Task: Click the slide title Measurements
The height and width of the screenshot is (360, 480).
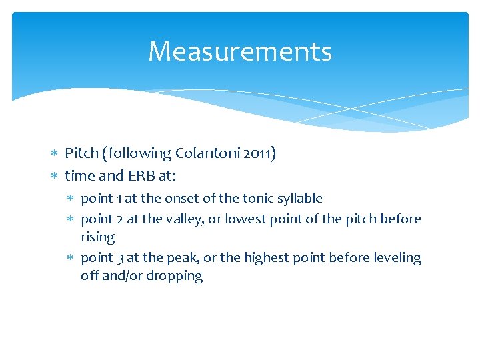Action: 240,51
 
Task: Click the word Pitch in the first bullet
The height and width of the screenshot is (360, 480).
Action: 79,154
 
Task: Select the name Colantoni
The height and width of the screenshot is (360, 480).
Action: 203,154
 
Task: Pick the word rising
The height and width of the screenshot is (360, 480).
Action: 97,237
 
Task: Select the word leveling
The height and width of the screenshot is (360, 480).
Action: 397,258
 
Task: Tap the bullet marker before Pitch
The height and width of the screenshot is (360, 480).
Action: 55,154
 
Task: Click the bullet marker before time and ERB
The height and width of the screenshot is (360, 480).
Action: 55,176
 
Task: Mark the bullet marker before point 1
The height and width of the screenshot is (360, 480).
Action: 71,199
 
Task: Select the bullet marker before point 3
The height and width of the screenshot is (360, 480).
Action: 71,258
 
